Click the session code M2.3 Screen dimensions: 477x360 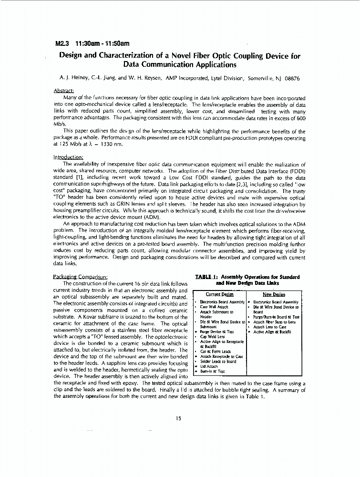tap(64, 43)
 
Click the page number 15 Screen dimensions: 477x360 tap(178, 418)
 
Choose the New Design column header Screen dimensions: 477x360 tap(274, 294)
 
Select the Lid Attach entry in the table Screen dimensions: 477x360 tap(209, 366)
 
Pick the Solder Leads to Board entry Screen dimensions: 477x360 tap(218, 361)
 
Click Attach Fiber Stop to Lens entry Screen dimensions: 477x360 tap(274, 322)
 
